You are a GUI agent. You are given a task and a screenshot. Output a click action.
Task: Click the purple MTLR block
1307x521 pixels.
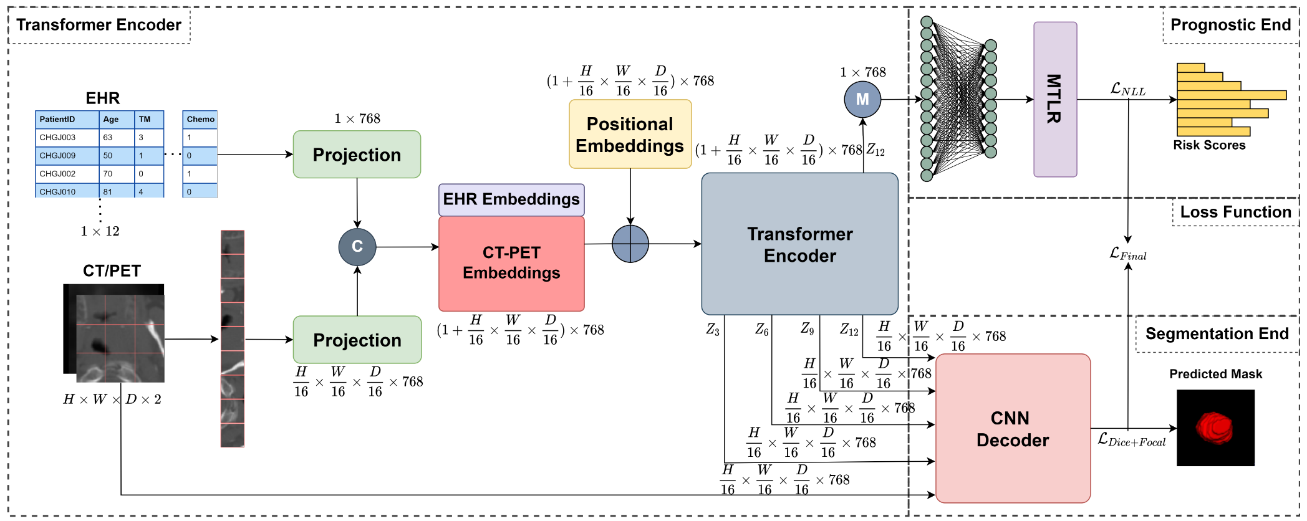[x=1054, y=99]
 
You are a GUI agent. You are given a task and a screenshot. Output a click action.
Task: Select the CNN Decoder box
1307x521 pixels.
[x=1013, y=429]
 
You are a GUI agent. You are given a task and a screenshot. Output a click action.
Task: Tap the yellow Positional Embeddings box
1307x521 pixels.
[x=630, y=134]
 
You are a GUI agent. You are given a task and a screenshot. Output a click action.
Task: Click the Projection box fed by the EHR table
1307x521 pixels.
[x=357, y=155]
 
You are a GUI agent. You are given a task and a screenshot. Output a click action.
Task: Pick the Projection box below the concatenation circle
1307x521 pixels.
[x=357, y=340]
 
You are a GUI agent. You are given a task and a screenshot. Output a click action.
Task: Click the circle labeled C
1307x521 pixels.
[x=357, y=247]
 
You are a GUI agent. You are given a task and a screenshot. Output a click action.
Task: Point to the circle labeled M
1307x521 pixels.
[x=862, y=99]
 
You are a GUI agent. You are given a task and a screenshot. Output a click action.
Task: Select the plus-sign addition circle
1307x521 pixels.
[x=630, y=244]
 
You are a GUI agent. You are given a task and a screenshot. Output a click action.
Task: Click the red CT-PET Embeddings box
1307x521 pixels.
[x=511, y=263]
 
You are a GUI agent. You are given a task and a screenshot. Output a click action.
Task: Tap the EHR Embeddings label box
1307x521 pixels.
[x=511, y=199]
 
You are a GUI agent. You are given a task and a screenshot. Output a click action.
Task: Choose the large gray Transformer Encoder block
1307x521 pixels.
[x=799, y=244]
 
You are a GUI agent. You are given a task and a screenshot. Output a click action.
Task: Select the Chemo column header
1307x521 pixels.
[x=200, y=119]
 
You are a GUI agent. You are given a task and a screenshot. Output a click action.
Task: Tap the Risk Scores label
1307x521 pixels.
[x=1208, y=145]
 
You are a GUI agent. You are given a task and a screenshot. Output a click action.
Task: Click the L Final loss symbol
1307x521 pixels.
[x=1127, y=254]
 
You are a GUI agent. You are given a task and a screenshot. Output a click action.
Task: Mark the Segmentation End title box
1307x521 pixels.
[x=1217, y=334]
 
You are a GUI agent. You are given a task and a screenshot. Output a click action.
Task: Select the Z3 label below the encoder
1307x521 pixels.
[x=712, y=330]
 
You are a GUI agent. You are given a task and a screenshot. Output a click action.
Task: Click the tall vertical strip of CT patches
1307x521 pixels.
[x=233, y=338]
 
